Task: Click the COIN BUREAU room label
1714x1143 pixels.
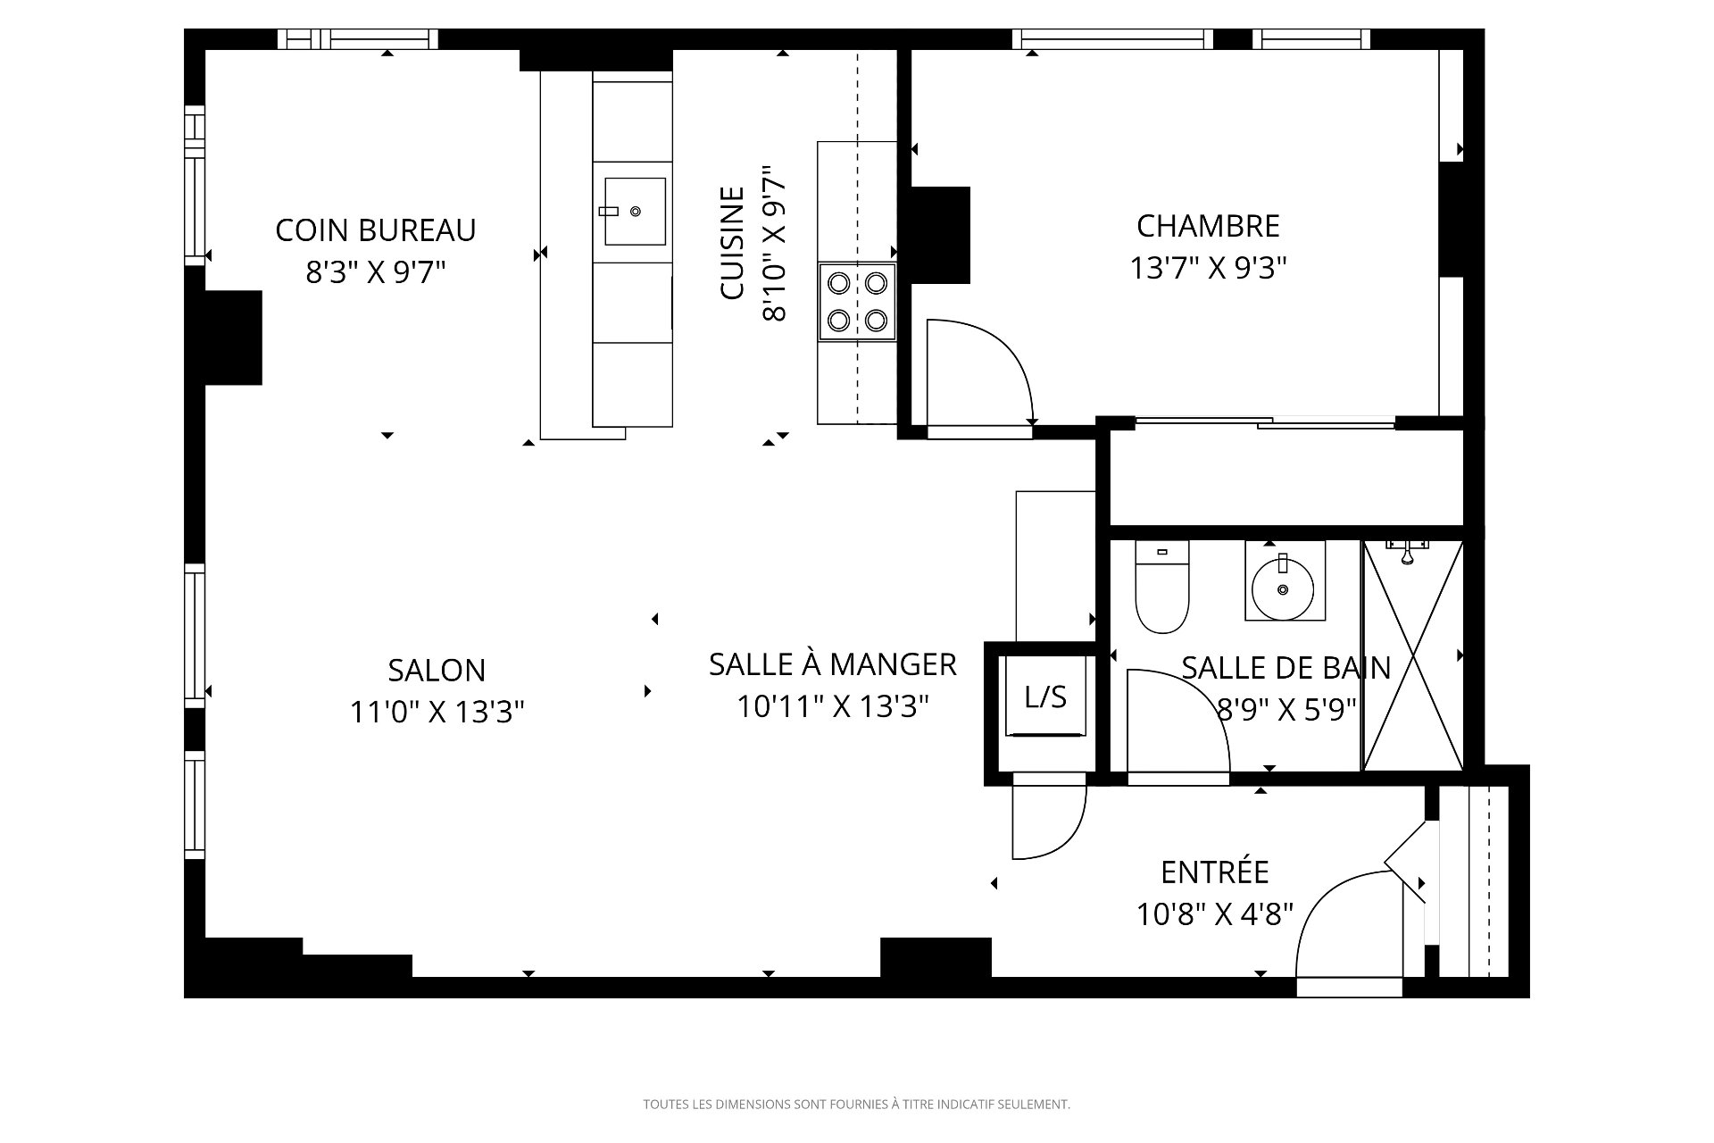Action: (x=375, y=230)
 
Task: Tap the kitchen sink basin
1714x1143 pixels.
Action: (x=635, y=211)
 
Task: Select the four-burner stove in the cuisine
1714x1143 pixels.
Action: (x=857, y=301)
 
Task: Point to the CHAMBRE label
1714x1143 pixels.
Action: (x=1208, y=226)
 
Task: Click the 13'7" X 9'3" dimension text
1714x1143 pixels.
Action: (x=1208, y=268)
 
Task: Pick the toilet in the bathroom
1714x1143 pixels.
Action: (x=1162, y=587)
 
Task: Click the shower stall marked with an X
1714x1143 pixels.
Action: (x=1413, y=655)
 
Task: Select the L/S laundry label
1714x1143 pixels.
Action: (x=1045, y=697)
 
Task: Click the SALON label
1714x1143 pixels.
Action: (x=437, y=670)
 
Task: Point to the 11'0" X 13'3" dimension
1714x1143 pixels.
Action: (x=437, y=712)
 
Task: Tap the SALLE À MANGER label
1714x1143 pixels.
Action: (x=832, y=664)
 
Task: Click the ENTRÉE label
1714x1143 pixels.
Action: (x=1215, y=872)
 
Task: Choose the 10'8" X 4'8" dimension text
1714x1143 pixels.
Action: (x=1215, y=914)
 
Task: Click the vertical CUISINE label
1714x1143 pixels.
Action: (x=732, y=243)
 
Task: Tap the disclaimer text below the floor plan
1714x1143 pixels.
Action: (x=856, y=1105)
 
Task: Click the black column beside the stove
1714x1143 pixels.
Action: (x=940, y=236)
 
